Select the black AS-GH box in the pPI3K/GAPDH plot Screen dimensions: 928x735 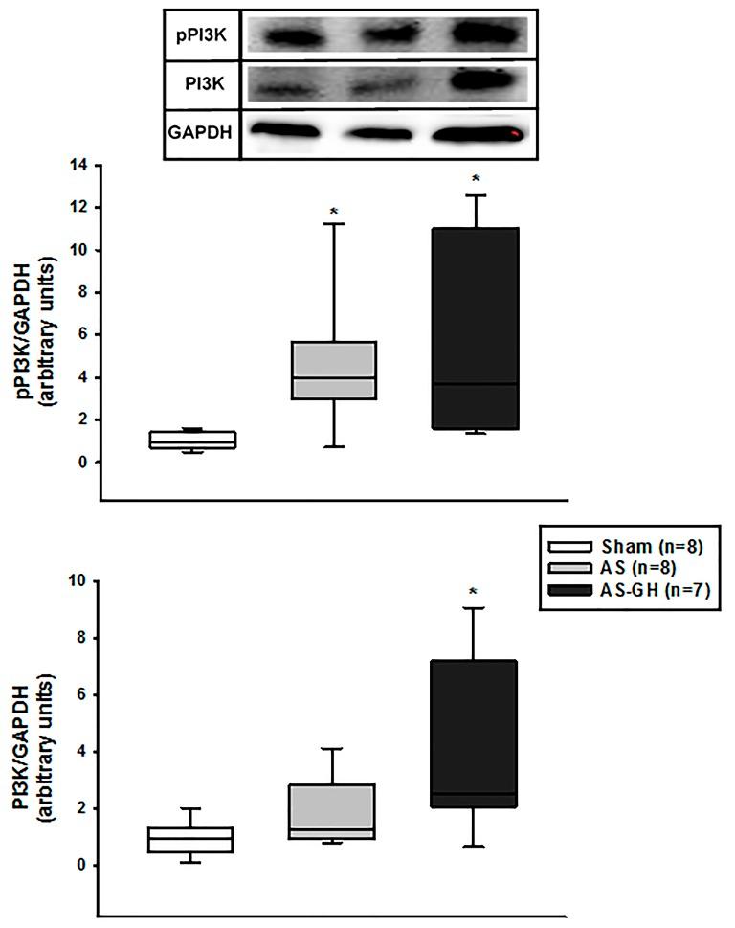[475, 328]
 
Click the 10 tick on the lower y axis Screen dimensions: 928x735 [80, 581]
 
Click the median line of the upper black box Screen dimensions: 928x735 [475, 383]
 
